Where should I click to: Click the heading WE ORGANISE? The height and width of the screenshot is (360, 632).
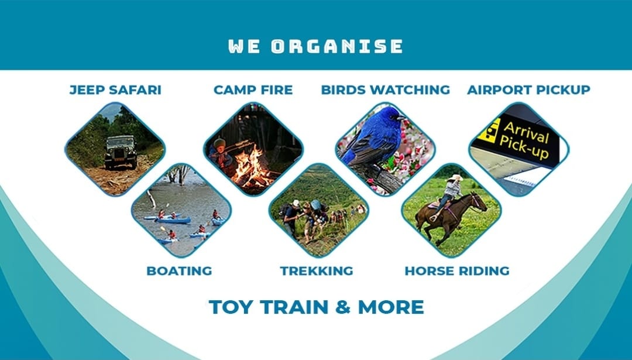coord(315,46)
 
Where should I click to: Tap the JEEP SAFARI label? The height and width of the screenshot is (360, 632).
coord(115,90)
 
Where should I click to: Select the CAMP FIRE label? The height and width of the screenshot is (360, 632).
coord(253,90)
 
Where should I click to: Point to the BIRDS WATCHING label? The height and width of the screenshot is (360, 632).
coord(385,90)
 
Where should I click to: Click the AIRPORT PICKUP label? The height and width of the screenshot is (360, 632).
coord(528,90)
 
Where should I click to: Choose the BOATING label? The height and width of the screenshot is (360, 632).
coord(179,271)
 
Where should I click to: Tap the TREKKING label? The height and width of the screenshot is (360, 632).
coord(317,271)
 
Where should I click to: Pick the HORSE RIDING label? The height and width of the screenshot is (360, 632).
coord(456,271)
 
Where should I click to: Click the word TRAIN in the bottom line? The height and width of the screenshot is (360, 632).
coord(294,307)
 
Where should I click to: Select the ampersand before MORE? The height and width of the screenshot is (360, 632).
coord(342,307)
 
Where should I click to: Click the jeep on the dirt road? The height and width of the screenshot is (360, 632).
coord(121,152)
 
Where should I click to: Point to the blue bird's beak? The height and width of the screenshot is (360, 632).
coord(401,118)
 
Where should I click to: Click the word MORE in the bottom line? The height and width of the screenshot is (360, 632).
coord(390,307)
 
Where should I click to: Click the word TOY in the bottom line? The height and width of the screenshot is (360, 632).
coord(229,307)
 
